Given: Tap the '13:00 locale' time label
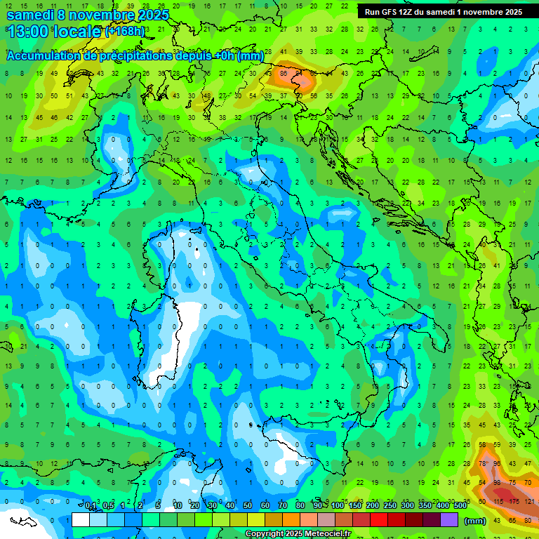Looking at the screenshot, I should click(53, 32).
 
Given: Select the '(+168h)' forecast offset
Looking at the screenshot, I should click(126, 32).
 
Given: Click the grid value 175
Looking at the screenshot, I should click(514, 502).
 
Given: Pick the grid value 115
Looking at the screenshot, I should click(498, 502).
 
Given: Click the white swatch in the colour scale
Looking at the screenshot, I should click(81, 520).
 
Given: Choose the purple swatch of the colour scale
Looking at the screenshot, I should click(449, 520).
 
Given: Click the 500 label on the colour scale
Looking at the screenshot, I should click(460, 506).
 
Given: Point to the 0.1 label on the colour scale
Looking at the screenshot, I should click(91, 506).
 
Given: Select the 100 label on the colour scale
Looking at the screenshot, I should click(338, 506).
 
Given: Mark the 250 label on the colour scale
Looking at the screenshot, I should click(390, 506).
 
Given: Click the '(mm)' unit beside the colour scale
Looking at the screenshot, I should click(475, 521).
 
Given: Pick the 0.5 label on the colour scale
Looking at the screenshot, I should click(108, 506).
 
